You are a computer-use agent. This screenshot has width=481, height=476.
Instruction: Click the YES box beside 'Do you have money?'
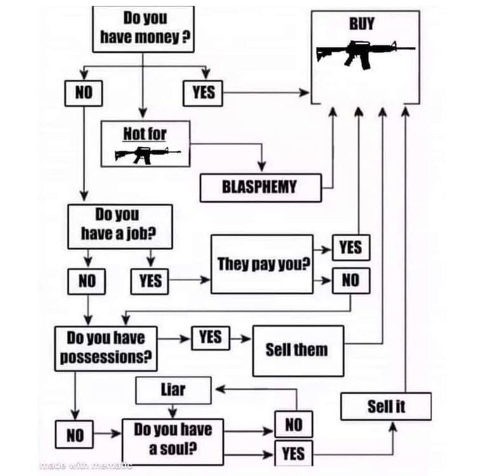point(204,93)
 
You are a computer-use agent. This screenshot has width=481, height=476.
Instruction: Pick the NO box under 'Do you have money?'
point(85,93)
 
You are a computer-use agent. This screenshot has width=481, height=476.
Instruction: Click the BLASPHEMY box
point(260,188)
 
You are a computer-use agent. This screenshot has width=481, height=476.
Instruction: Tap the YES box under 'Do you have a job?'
point(151,280)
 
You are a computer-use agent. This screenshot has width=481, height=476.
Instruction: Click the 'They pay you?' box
point(262,263)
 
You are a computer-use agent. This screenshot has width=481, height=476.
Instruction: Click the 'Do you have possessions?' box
point(105,347)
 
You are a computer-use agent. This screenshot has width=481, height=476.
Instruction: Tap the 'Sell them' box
point(297,350)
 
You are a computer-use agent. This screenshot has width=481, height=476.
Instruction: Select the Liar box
point(173,390)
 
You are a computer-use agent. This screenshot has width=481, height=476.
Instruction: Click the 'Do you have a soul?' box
point(172,439)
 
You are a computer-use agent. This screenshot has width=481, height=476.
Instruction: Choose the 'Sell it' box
point(386,406)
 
